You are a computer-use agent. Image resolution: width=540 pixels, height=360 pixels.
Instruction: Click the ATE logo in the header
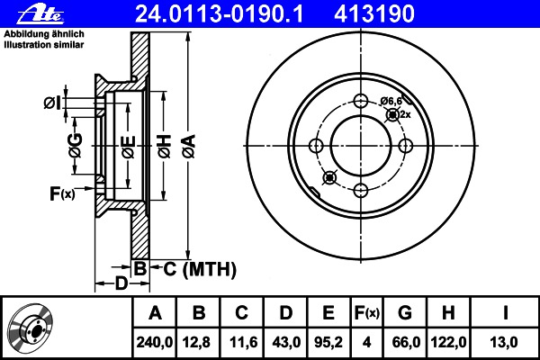(40, 14)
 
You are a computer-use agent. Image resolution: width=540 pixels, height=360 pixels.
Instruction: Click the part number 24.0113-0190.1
(220, 14)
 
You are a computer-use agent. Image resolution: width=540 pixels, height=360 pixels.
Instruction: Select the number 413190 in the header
(374, 14)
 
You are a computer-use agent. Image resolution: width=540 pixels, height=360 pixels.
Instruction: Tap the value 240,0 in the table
(155, 342)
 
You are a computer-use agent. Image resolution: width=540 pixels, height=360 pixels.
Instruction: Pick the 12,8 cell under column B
(196, 342)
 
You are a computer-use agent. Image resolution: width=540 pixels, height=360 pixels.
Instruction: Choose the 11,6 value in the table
(244, 342)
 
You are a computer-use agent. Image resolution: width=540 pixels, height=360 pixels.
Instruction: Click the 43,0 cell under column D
(286, 342)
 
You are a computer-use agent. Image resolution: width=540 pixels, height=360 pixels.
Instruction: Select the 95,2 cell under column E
(328, 342)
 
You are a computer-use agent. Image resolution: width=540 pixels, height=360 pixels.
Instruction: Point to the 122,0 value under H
(448, 342)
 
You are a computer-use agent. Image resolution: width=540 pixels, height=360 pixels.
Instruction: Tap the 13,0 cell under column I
(504, 342)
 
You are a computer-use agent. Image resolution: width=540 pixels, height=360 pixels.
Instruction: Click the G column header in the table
(405, 313)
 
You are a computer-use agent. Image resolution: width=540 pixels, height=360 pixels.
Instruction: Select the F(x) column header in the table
(367, 313)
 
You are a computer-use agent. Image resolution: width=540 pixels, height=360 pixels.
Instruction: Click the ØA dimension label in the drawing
(189, 147)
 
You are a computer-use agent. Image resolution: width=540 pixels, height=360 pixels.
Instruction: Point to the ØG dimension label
(76, 146)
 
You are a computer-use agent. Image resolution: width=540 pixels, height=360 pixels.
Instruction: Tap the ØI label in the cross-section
(52, 103)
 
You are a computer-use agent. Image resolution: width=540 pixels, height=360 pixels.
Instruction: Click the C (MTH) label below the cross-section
(200, 269)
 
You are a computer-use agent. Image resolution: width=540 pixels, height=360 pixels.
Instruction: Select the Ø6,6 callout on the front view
(391, 101)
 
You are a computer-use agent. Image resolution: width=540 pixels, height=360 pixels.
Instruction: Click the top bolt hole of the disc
(361, 102)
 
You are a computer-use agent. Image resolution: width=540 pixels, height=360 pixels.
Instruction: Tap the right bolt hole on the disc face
(405, 146)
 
